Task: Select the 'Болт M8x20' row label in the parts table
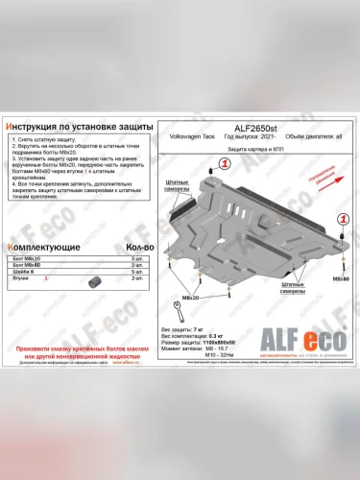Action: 29,261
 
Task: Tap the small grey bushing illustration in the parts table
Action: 93,283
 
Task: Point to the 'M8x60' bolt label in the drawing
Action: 340,277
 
